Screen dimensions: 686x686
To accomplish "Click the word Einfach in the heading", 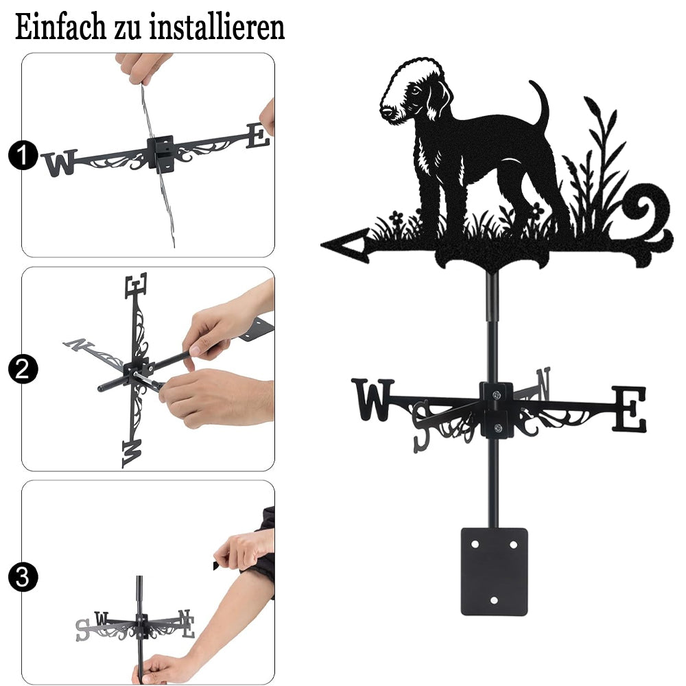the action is (61, 27).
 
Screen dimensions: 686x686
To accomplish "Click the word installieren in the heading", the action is (217, 27).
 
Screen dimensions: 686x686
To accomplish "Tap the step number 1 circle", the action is (23, 155).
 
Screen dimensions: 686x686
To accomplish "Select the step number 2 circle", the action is (23, 369).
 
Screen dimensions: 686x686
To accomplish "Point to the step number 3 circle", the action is (23, 577).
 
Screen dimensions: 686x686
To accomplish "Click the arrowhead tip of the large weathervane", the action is (322, 245).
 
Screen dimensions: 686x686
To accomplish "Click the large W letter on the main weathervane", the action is (372, 399).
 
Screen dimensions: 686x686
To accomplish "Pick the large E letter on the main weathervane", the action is (629, 409).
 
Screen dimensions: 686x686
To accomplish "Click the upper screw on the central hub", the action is (496, 396).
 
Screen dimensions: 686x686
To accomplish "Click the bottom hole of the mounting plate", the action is (495, 600).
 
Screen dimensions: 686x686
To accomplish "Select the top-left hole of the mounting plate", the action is (475, 545).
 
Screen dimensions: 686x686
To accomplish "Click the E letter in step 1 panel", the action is (258, 135).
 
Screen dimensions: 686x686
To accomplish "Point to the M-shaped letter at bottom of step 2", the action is (132, 453).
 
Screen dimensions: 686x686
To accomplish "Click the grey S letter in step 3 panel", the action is (82, 630).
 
